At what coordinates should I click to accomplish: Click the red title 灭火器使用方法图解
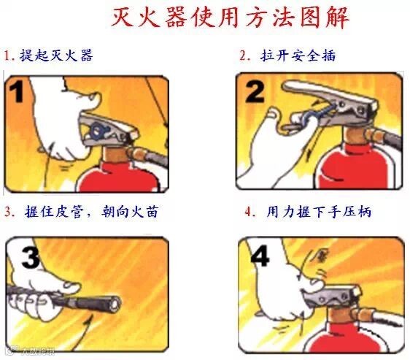click(230, 18)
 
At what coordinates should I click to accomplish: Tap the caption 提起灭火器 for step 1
click(56, 55)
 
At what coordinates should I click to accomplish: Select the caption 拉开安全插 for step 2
click(298, 55)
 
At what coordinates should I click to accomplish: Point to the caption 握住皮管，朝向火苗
click(91, 212)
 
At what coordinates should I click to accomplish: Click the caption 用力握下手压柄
click(319, 212)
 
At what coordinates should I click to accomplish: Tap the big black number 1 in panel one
click(16, 91)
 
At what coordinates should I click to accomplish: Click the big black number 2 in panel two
click(255, 91)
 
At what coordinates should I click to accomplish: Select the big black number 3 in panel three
click(31, 257)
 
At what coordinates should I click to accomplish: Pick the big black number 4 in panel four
click(260, 256)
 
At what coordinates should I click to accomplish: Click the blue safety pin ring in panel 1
click(98, 130)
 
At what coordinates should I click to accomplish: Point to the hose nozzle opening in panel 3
click(115, 305)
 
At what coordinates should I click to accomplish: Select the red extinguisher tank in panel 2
click(355, 167)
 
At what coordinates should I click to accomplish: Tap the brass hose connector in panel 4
click(363, 315)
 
